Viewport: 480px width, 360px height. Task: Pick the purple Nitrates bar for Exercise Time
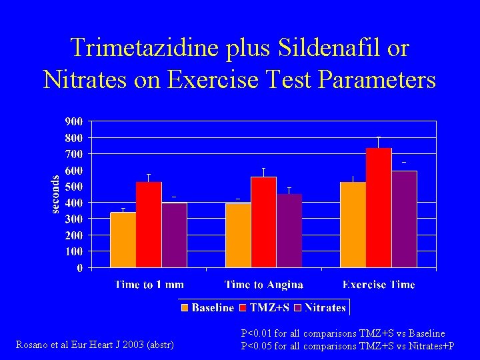pyautogui.click(x=404, y=219)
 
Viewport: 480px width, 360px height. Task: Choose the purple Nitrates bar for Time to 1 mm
pyautogui.click(x=174, y=235)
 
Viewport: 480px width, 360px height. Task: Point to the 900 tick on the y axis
pyautogui.click(x=74, y=121)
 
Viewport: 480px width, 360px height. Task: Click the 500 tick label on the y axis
pyautogui.click(x=74, y=187)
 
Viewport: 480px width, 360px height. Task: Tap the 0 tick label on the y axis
pyautogui.click(x=80, y=268)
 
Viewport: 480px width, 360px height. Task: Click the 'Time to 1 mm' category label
pyautogui.click(x=149, y=285)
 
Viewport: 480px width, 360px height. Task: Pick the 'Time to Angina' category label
pyautogui.click(x=264, y=285)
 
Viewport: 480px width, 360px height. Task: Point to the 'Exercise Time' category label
pyautogui.click(x=379, y=285)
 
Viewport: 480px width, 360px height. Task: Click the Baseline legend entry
pyautogui.click(x=207, y=307)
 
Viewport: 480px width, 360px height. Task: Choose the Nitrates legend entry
pyautogui.click(x=320, y=307)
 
